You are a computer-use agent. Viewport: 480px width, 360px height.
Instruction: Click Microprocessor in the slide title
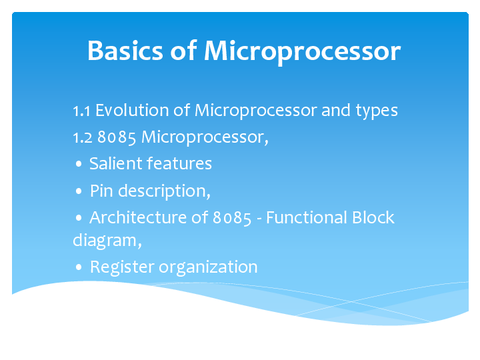coord(302,51)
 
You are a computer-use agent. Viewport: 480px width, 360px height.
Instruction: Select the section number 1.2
coord(83,137)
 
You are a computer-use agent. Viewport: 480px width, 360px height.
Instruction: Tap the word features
coord(179,163)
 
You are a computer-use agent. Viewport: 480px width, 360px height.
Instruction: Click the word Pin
coord(101,191)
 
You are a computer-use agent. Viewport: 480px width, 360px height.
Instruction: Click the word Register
coord(121,267)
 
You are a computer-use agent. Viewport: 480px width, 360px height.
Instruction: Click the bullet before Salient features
coord(79,164)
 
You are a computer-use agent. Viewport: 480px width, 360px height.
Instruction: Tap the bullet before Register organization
coord(79,268)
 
